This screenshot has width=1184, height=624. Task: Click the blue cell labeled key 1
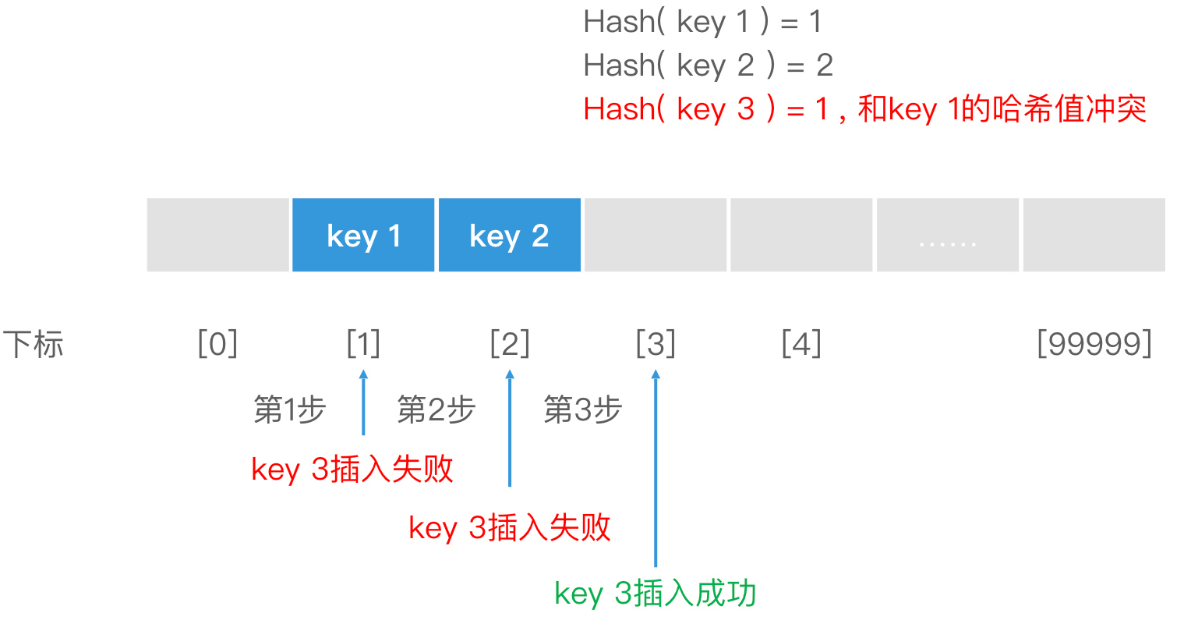[x=363, y=235]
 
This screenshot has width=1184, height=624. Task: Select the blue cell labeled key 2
[x=509, y=235]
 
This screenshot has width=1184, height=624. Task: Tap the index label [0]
[x=217, y=343]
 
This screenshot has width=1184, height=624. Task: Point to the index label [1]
[x=363, y=343]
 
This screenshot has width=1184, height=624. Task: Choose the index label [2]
[x=510, y=343]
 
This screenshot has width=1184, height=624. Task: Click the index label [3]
[x=656, y=343]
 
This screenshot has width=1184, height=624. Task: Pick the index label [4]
[x=801, y=343]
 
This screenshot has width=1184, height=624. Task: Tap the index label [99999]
[x=1094, y=343]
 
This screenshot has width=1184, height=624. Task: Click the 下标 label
[x=33, y=344]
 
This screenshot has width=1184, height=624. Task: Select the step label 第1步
[x=289, y=409]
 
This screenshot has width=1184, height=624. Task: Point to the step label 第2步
[x=436, y=409]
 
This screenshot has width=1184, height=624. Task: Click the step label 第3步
[x=582, y=409]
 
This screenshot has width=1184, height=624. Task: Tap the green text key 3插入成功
[x=655, y=594]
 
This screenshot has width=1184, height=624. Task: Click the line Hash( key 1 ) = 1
[x=702, y=22]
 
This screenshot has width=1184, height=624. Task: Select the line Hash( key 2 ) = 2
[x=708, y=66]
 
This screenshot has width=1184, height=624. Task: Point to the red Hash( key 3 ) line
[x=864, y=109]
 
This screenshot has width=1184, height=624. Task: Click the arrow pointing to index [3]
[x=656, y=468]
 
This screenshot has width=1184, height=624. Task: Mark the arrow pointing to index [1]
[x=363, y=402]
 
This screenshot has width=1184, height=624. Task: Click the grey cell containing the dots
[x=947, y=235]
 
